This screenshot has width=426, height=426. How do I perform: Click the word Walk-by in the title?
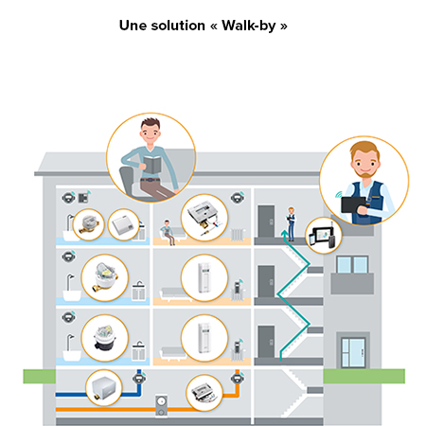pos(249,26)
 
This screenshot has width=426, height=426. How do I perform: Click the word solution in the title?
pos(178,26)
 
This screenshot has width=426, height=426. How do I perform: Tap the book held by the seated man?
pos(153,164)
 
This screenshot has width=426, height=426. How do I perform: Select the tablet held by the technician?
pos(354,204)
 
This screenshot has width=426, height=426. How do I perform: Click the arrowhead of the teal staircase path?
pos(285,234)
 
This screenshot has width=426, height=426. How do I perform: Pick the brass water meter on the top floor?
pos(89,224)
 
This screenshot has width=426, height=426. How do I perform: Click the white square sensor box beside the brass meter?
pos(123,224)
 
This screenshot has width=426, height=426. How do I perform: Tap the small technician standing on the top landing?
pos(291,223)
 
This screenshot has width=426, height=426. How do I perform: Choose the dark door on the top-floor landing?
pos(266,222)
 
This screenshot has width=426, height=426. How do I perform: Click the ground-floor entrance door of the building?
pos(353,352)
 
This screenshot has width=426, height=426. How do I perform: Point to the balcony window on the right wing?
pos(352,264)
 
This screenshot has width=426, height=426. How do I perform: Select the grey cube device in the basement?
pos(103,387)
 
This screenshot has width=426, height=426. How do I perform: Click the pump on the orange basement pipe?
pos(161,406)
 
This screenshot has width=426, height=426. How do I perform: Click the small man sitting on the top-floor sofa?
pos(168,232)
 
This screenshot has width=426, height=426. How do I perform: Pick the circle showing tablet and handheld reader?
pos(324,236)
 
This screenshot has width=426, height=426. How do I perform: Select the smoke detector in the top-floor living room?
pos(238,198)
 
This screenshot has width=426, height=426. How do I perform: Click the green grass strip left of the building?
pos(40,376)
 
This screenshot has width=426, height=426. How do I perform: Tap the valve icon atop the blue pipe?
pos(139,377)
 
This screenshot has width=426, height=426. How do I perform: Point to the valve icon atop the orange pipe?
pos(238,377)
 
